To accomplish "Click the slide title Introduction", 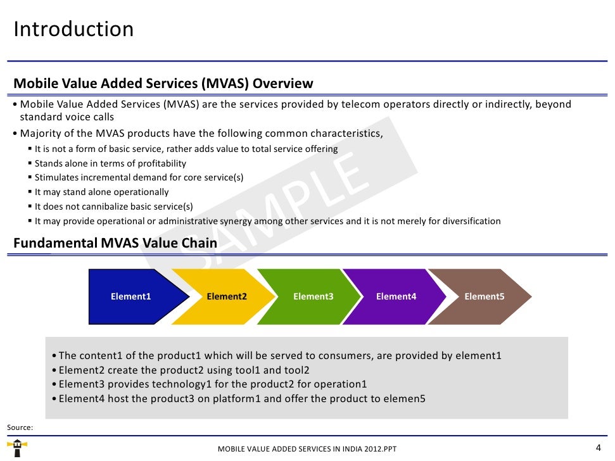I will point(73,29).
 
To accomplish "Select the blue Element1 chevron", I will point(131,296).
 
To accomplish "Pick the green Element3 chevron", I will point(313,296).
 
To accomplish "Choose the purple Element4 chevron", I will point(396,296).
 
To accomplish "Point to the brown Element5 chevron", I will point(485,296).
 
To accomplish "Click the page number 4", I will point(599,446).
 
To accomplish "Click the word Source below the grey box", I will point(19,428).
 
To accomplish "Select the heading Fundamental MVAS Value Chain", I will point(115,243).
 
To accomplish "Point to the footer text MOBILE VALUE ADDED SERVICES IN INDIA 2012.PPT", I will point(307,449).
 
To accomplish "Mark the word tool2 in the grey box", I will point(296,370).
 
